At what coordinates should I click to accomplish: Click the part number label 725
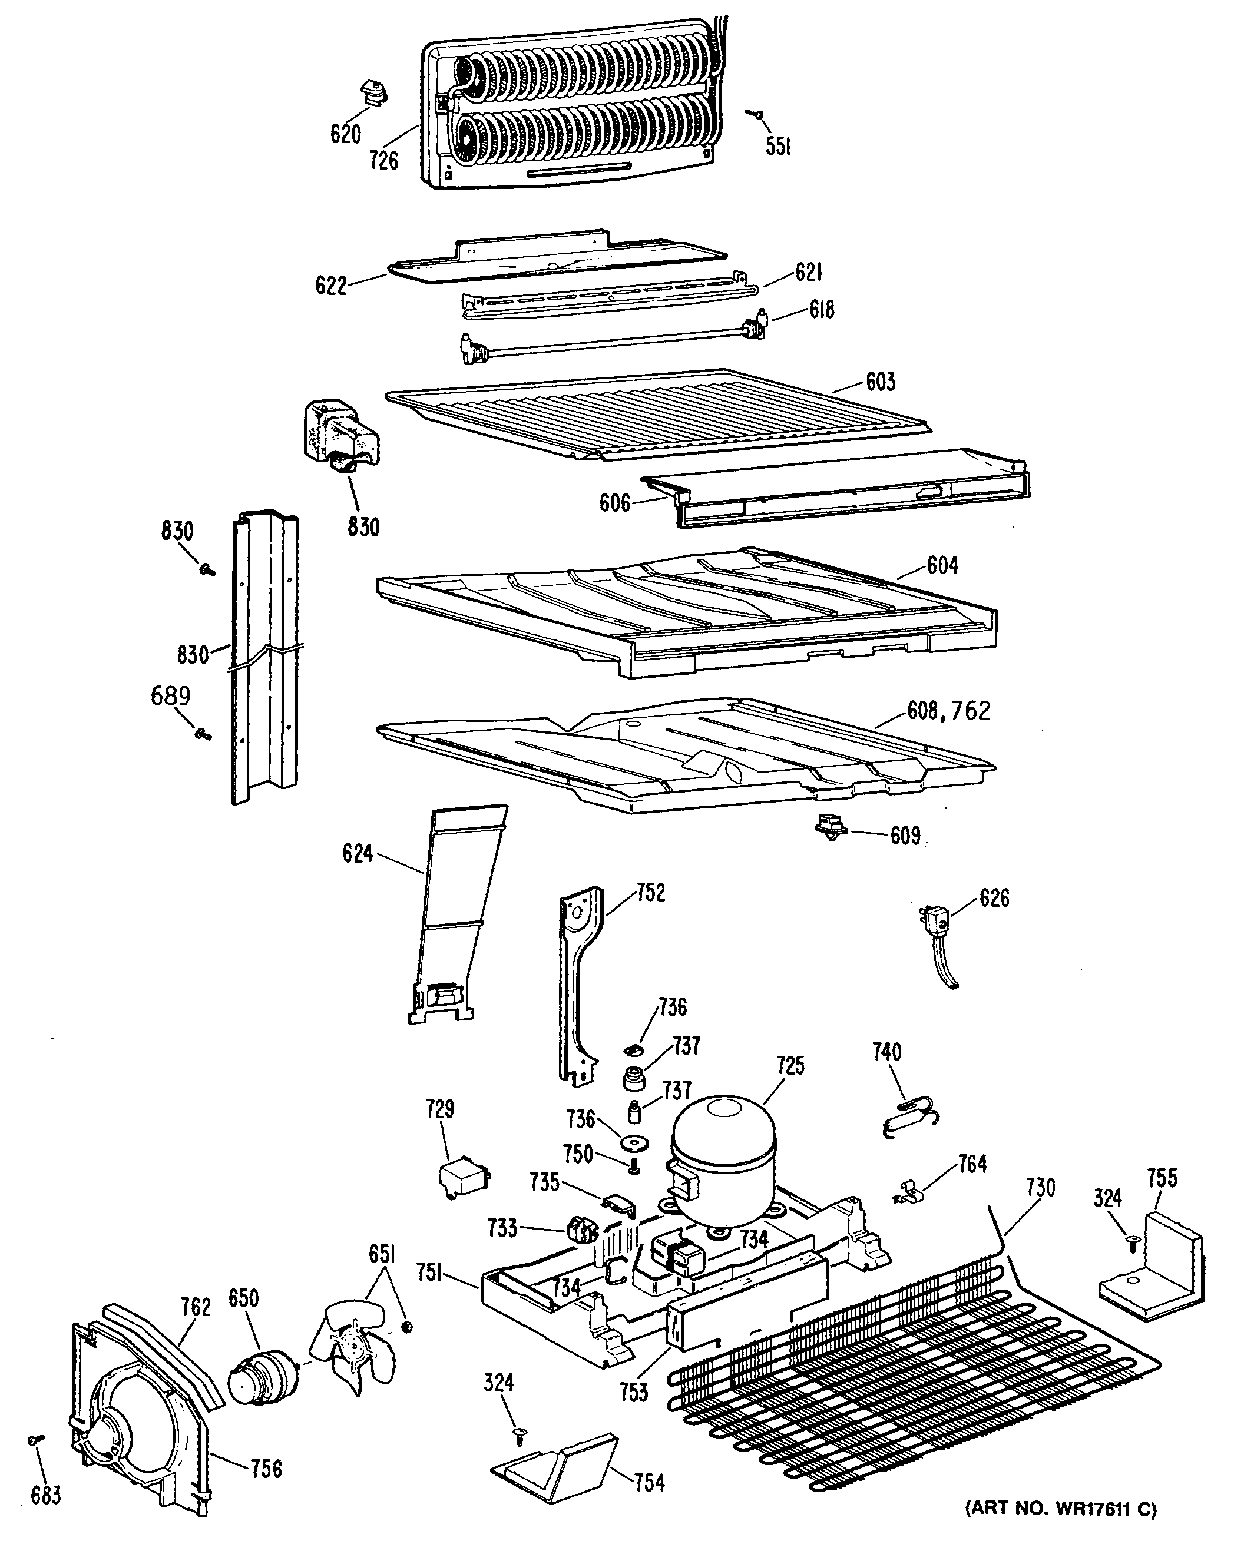pyautogui.click(x=790, y=1066)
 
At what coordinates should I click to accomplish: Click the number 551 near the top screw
pyautogui.click(x=777, y=147)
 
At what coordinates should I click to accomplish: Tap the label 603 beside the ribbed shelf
pyautogui.click(x=881, y=382)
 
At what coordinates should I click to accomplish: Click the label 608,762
pyautogui.click(x=948, y=711)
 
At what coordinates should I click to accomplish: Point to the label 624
pyautogui.click(x=357, y=853)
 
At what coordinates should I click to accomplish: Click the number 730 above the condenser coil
pyautogui.click(x=1040, y=1188)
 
